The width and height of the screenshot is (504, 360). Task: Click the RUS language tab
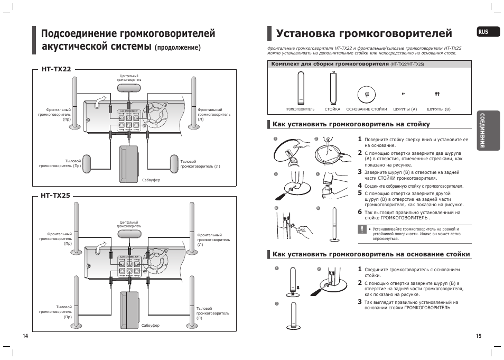[483, 32]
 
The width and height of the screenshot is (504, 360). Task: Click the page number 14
[24, 337]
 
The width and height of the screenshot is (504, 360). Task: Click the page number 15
[479, 337]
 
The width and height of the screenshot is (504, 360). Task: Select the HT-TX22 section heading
[55, 69]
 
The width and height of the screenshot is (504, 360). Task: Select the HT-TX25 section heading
[55, 196]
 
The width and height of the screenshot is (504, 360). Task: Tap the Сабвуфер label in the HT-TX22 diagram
[151, 180]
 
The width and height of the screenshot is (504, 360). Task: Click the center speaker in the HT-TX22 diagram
[129, 88]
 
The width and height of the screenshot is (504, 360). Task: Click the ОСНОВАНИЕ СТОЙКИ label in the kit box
[367, 109]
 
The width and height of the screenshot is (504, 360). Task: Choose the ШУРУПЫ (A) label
[405, 109]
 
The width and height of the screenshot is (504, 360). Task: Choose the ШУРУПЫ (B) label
[438, 109]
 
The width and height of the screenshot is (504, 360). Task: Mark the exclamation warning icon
[362, 229]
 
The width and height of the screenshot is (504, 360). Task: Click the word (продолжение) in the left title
[178, 48]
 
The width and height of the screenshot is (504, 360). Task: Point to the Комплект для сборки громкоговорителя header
[330, 64]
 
